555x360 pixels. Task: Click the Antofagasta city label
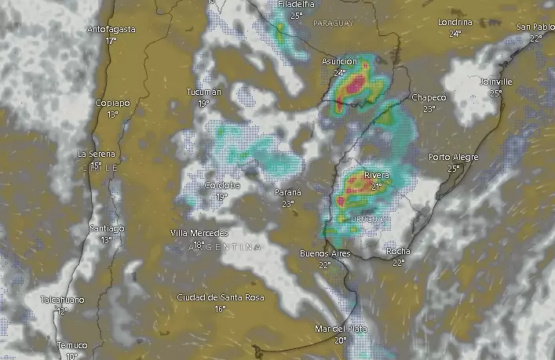tap(111, 30)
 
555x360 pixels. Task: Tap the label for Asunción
tap(339, 61)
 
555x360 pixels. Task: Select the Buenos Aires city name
tap(324, 254)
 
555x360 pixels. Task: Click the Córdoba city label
tap(221, 185)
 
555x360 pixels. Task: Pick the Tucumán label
tap(204, 93)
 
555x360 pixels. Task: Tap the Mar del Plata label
tap(340, 329)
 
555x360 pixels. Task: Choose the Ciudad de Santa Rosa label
tap(220, 297)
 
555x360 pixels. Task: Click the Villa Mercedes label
tap(199, 233)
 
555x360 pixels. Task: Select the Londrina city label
tap(455, 23)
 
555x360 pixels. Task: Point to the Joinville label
tap(496, 82)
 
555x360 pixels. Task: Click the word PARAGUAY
tap(334, 24)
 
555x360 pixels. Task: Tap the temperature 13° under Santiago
tap(106, 239)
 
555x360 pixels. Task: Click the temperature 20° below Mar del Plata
tap(339, 340)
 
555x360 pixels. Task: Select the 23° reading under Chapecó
tap(429, 109)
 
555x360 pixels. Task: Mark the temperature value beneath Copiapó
tap(112, 114)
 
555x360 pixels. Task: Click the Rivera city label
tap(377, 176)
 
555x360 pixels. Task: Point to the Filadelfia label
tap(296, 5)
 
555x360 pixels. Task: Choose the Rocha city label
tap(398, 251)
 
